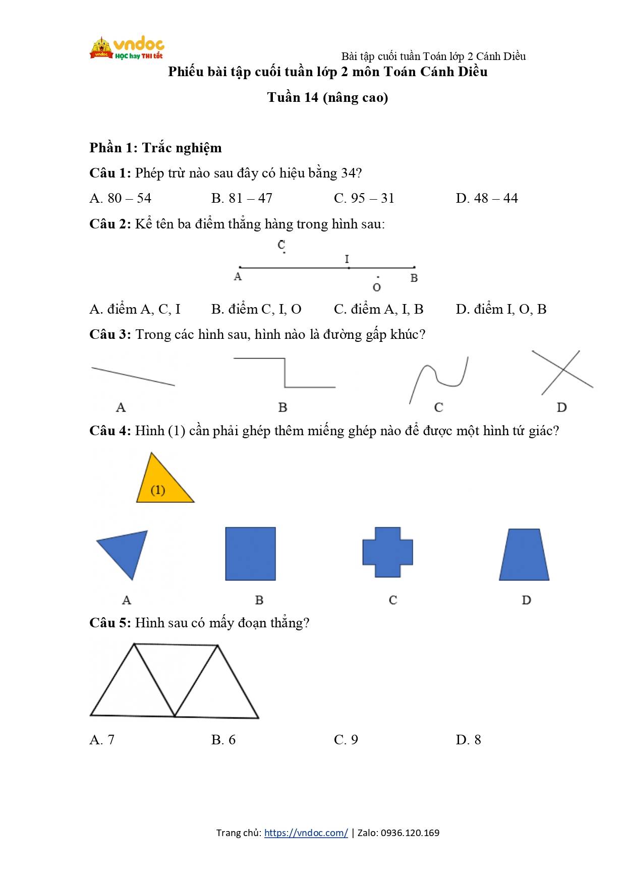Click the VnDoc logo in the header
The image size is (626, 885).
pos(127,48)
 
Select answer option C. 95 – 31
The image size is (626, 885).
pos(364,198)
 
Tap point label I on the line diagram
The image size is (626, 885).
pos(347,259)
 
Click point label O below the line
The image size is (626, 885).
pos(376,287)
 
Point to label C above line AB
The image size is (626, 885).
pos(281,245)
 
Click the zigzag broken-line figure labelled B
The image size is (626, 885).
pos(285,374)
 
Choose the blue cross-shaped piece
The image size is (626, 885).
pos(387,552)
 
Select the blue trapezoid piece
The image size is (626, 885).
pos(524,555)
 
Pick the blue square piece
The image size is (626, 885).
pos(250,554)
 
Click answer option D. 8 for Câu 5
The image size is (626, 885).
pos(468,740)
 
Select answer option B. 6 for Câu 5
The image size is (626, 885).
pos(223,740)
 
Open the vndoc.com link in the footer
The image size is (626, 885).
pos(306,833)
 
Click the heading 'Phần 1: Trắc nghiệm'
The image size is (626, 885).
pos(155,148)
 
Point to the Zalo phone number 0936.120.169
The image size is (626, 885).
pos(410,833)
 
